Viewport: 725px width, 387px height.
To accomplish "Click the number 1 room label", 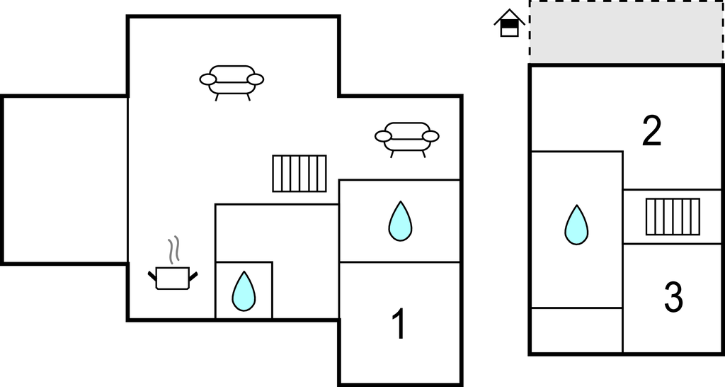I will (x=399, y=324).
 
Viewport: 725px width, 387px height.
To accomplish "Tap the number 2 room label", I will (x=651, y=131).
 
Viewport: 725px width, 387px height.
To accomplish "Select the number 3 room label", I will (x=673, y=298).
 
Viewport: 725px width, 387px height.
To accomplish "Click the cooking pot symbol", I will (x=173, y=277).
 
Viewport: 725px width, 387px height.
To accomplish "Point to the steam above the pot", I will (x=174, y=250).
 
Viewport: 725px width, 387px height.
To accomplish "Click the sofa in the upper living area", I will (x=232, y=80).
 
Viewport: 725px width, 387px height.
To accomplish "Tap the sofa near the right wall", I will (x=407, y=137).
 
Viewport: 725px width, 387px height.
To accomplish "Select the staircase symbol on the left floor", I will (x=299, y=174).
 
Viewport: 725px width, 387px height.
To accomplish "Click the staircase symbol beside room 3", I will (x=673, y=216).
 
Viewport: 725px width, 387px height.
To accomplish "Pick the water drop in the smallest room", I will (x=244, y=291).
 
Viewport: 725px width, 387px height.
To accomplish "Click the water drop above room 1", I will (x=400, y=221).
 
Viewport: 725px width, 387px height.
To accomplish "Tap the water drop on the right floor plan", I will (x=576, y=225).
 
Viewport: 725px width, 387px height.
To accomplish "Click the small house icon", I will (x=509, y=23).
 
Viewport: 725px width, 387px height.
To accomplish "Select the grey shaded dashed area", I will (x=626, y=32).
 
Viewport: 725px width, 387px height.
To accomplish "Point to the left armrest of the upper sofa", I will (x=207, y=79).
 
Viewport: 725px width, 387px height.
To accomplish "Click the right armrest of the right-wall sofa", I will (x=430, y=136).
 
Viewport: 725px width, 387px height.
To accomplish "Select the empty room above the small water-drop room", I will (x=276, y=232).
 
